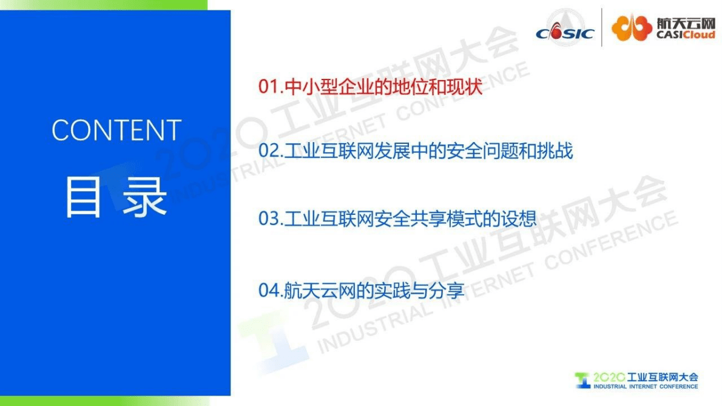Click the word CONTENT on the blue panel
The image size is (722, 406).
click(116, 130)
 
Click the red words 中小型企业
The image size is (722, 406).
click(322, 87)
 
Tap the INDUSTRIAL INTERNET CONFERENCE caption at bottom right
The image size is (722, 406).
click(646, 387)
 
